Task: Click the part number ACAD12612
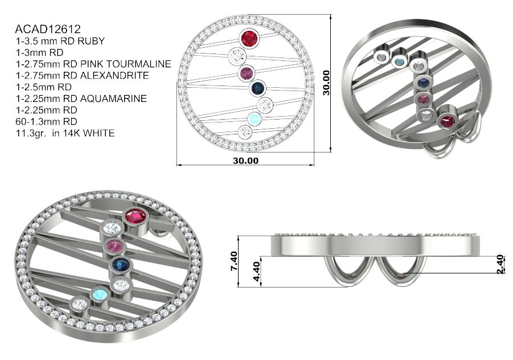tap(48, 29)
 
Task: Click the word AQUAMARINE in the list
tap(113, 99)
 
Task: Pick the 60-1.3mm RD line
tap(46, 121)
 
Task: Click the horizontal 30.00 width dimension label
tap(246, 161)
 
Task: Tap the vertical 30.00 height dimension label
tap(326, 83)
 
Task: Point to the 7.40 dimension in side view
tap(234, 261)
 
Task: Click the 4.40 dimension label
tap(256, 271)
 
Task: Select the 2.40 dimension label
tap(500, 264)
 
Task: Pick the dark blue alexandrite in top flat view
tap(257, 88)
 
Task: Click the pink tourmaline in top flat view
tap(247, 73)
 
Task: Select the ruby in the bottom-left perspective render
tap(136, 217)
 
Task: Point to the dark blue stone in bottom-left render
tap(121, 264)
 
